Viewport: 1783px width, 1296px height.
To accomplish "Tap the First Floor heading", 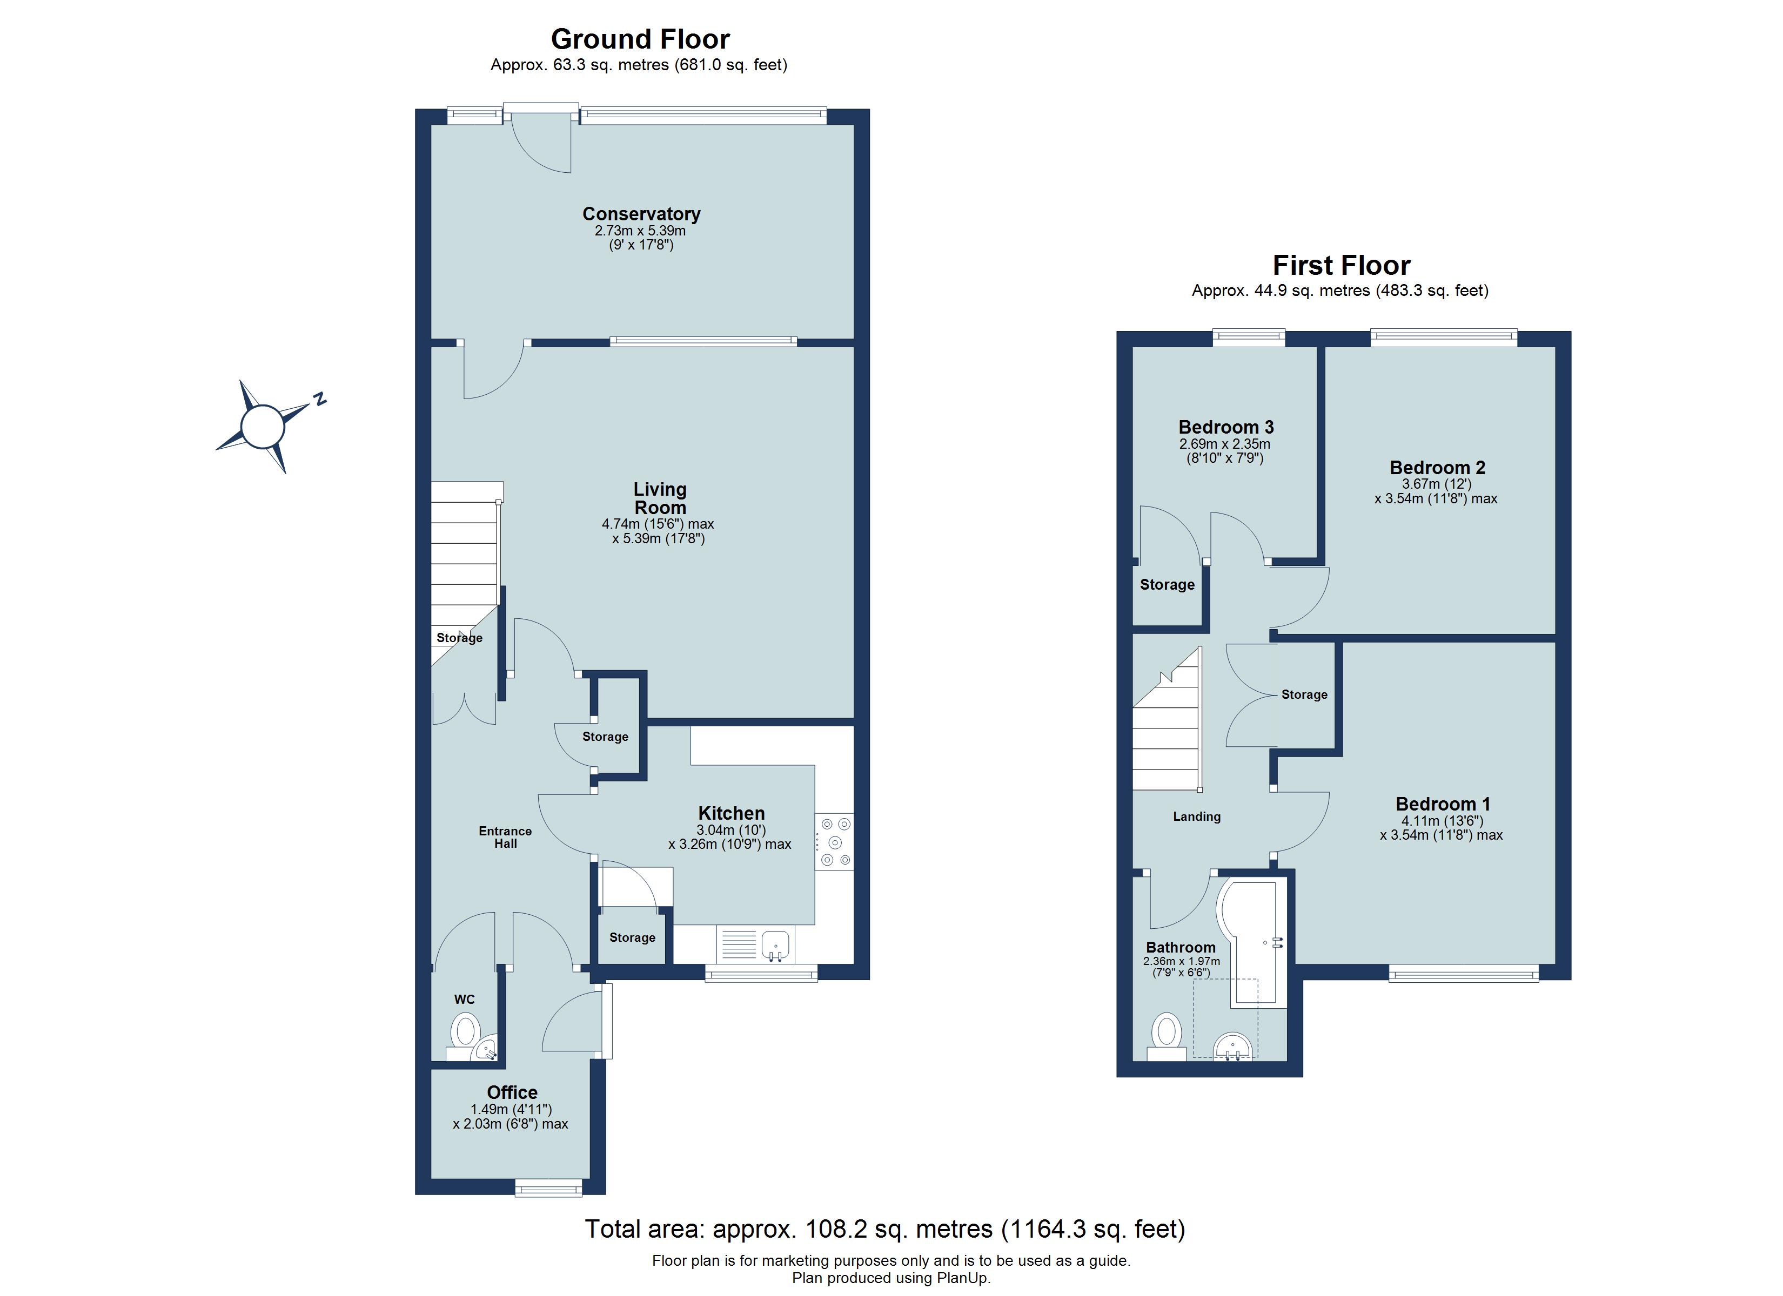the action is tap(1341, 266).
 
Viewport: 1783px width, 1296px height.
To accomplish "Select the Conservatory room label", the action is tap(641, 214).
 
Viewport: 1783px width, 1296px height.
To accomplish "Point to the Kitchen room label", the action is tap(731, 813).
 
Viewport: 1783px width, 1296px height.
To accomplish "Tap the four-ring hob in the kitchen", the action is tap(834, 842).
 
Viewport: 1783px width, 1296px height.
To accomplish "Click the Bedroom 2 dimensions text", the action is tap(1436, 491).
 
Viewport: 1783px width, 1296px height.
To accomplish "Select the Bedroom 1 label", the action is tap(1443, 804).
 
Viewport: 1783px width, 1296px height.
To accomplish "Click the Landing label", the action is tap(1197, 816).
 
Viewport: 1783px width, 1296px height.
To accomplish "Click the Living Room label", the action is tap(660, 498).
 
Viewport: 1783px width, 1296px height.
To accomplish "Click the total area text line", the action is tap(884, 1228).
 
